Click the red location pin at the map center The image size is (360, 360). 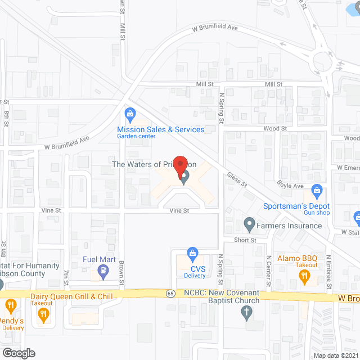pyautogui.click(x=179, y=166)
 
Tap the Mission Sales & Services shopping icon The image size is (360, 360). pyautogui.click(x=130, y=115)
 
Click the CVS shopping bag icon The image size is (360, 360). pyautogui.click(x=192, y=254)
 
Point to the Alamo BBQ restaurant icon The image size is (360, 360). pyautogui.click(x=304, y=275)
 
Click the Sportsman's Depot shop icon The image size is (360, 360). pyautogui.click(x=317, y=191)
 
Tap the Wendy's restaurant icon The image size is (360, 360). pyautogui.click(x=10, y=307)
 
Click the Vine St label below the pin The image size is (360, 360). pyautogui.click(x=179, y=210)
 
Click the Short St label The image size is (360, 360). pyautogui.click(x=245, y=240)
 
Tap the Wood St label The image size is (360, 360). pyautogui.click(x=275, y=129)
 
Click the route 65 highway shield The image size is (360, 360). pyautogui.click(x=169, y=293)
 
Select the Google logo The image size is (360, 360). pyautogui.click(x=18, y=353)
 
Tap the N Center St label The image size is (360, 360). pyautogui.click(x=268, y=271)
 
